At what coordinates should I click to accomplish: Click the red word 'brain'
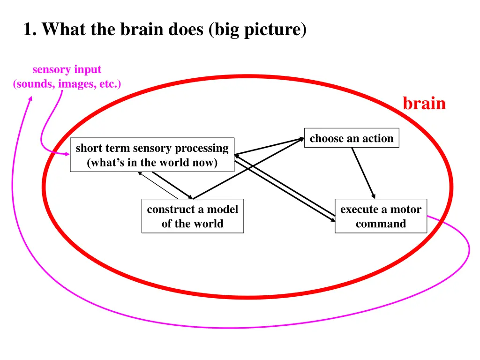point(424,104)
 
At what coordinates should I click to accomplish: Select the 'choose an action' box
point(352,138)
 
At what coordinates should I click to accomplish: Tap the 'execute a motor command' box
point(381,216)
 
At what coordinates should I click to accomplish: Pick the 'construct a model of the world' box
point(192,216)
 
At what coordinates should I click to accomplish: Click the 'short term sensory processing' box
point(152,155)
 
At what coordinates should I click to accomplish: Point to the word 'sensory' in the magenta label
point(49,70)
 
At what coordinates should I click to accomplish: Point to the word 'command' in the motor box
point(381,224)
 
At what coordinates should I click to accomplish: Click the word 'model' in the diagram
point(223,210)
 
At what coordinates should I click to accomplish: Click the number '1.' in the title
point(30,30)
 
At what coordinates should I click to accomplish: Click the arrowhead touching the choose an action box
point(301,139)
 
